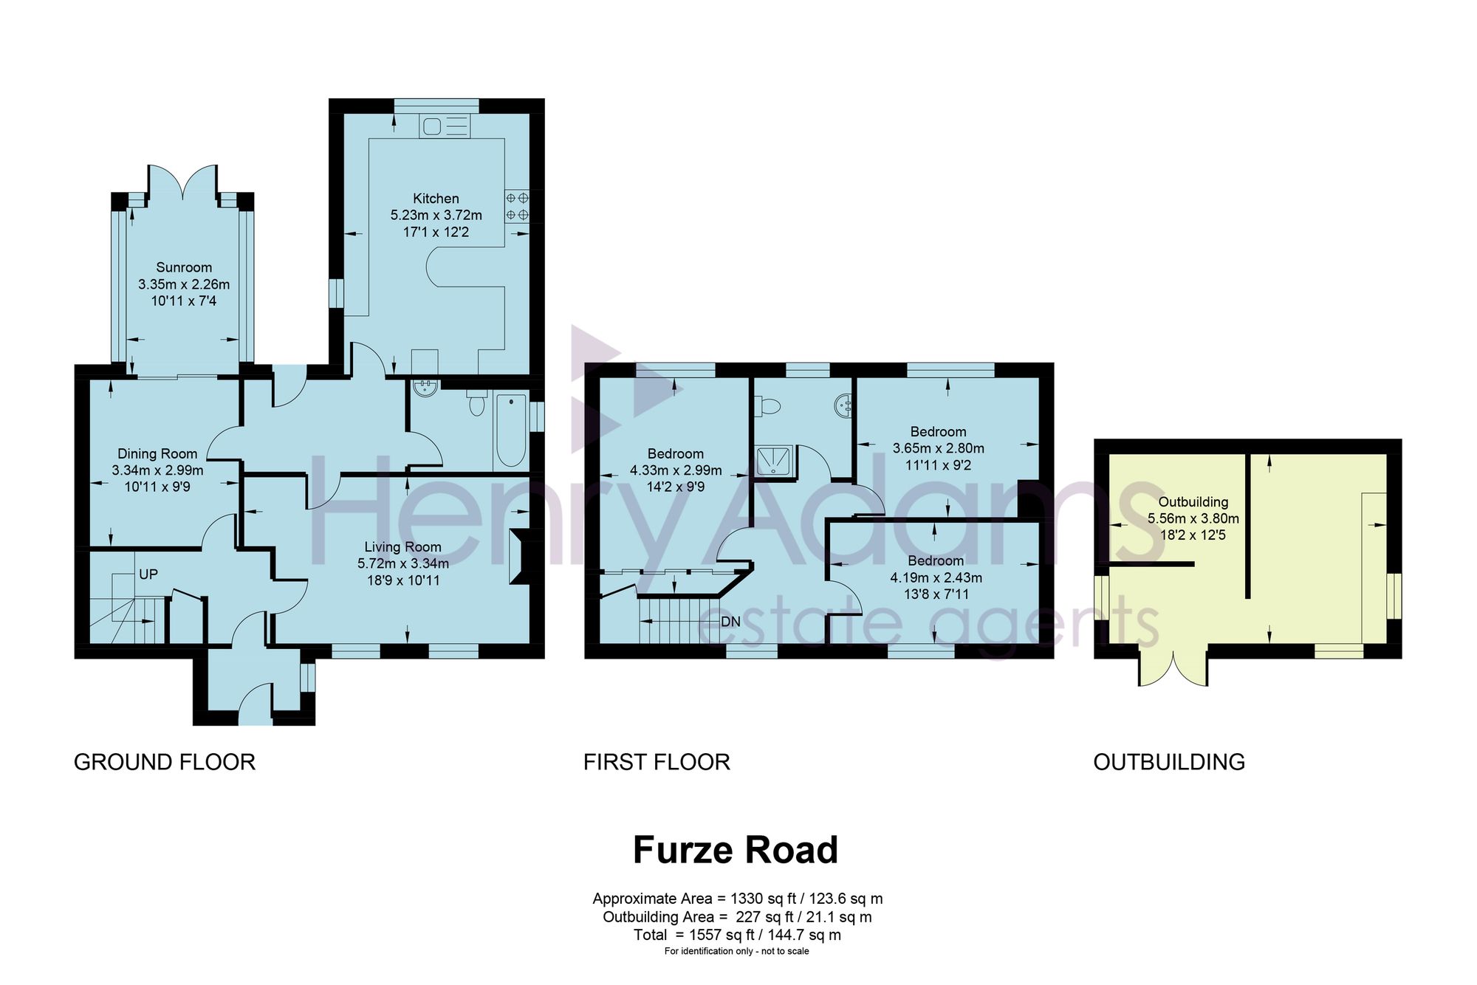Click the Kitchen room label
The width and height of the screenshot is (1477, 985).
click(436, 199)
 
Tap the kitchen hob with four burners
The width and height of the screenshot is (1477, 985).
click(517, 207)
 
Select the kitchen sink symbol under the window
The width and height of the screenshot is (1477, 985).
click(444, 126)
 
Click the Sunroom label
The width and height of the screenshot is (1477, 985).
click(184, 267)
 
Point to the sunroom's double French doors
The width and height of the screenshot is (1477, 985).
click(182, 182)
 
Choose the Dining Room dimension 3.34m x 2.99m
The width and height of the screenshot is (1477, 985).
click(158, 470)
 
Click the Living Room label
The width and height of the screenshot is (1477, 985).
click(402, 547)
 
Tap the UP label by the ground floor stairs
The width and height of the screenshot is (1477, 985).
click(148, 574)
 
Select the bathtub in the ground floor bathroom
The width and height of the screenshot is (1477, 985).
click(511, 431)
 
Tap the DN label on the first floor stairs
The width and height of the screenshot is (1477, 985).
click(730, 622)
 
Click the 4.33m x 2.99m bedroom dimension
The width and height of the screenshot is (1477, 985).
click(676, 470)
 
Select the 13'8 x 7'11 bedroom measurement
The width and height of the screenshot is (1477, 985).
click(936, 594)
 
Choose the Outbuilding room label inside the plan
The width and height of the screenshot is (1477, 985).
click(1193, 502)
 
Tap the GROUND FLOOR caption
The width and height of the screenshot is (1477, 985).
click(165, 762)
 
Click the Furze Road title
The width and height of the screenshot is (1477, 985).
click(736, 850)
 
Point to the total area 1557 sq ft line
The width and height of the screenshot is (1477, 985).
click(737, 935)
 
